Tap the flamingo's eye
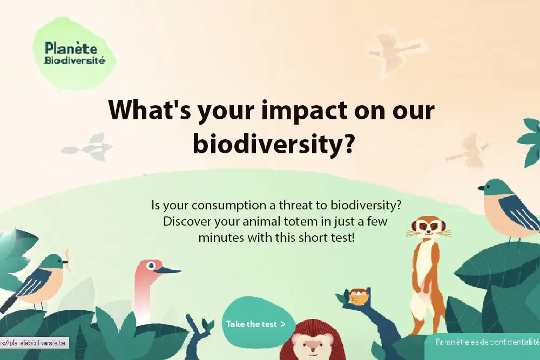click(x=151, y=265)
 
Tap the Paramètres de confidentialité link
click(x=487, y=342)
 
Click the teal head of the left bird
click(x=52, y=262)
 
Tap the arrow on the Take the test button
click(x=282, y=324)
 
